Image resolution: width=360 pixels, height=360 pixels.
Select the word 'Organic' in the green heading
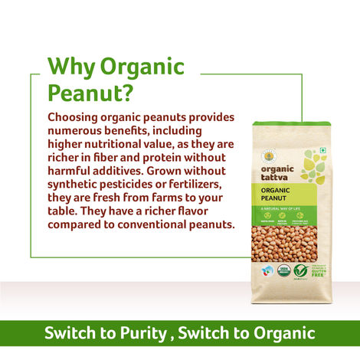[x=146, y=67]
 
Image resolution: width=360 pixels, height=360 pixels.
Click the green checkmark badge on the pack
[x=301, y=270]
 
